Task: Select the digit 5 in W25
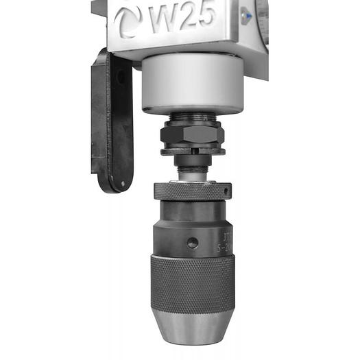click(206, 16)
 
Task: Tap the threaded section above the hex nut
click(193, 117)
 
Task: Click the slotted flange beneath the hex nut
click(193, 152)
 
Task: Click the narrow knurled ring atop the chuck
click(193, 190)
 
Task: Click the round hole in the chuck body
click(193, 242)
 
